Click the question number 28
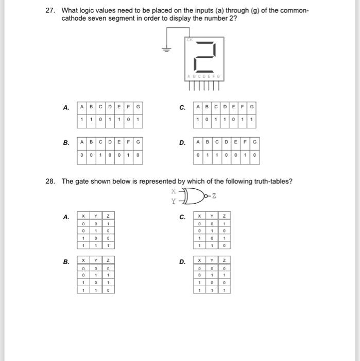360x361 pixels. coord(50,181)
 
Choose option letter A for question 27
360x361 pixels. coord(66,108)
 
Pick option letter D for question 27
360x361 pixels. coord(182,142)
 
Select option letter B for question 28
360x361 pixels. coord(66,262)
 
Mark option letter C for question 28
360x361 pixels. coord(182,217)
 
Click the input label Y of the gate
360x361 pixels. coord(174,201)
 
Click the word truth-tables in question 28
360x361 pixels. coord(274,181)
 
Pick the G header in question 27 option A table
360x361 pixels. coord(138,107)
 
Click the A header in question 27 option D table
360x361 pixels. coord(198,141)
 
